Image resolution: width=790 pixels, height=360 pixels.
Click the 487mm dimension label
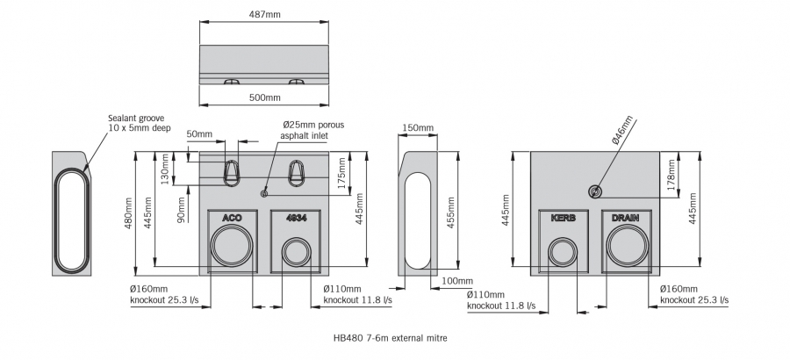[x=264, y=14]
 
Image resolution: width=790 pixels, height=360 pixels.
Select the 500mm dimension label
[x=264, y=97]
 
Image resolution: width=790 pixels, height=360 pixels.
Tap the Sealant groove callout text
[x=139, y=123]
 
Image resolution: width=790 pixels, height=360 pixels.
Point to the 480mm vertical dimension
[x=129, y=213]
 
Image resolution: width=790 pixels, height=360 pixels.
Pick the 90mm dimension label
[x=182, y=209]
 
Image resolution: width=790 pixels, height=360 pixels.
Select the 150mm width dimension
[x=418, y=127]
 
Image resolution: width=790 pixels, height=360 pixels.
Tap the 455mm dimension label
[x=450, y=212]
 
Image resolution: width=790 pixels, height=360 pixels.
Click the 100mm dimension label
[x=457, y=281]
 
